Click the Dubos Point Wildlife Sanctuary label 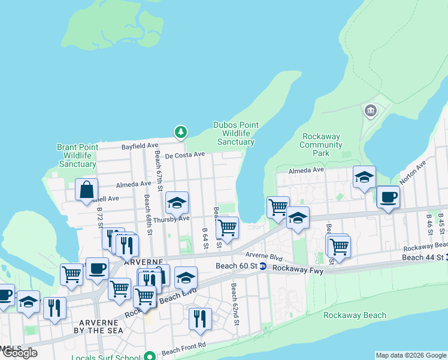(x=236, y=133)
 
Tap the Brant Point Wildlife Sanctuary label (x=77, y=155)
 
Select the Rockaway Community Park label (x=320, y=145)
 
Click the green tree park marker (x=180, y=131)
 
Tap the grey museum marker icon (x=370, y=110)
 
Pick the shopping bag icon (x=86, y=189)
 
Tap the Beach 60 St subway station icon (x=262, y=266)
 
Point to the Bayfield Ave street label (x=140, y=146)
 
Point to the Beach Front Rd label (x=183, y=347)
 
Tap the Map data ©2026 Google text (x=411, y=355)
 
